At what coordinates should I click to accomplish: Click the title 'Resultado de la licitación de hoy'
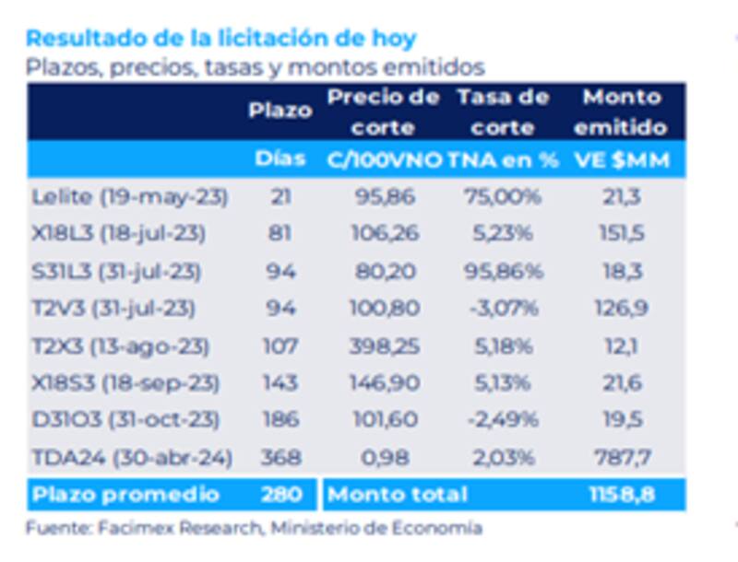(x=220, y=39)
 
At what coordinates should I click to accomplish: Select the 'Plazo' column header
(x=280, y=111)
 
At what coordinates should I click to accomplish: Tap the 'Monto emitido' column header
(x=622, y=111)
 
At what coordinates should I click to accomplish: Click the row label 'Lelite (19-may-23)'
(x=129, y=196)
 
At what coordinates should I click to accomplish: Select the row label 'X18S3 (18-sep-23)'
(x=125, y=383)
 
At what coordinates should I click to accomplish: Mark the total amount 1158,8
(x=622, y=495)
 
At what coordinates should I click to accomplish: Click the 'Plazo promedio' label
(x=125, y=495)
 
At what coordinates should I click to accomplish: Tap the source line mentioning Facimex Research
(x=254, y=528)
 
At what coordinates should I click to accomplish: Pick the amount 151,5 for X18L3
(x=622, y=234)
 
